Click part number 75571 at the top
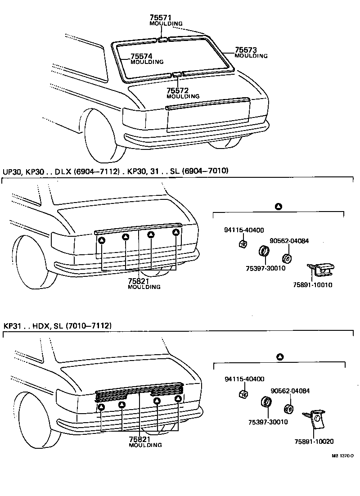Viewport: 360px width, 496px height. (x=161, y=18)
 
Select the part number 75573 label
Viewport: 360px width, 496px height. (x=245, y=50)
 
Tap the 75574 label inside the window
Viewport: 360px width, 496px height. (x=141, y=56)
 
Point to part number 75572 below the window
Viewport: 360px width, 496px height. (x=177, y=90)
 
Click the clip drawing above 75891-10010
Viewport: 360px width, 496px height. (x=320, y=270)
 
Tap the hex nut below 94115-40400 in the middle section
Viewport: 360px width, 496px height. (x=241, y=244)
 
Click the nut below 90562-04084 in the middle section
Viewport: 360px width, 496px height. (x=285, y=259)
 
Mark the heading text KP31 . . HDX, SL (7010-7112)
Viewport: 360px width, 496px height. (x=58, y=325)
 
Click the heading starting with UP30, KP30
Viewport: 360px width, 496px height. (x=116, y=171)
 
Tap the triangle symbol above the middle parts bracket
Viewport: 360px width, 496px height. (x=278, y=207)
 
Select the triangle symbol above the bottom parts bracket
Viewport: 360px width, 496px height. (x=279, y=357)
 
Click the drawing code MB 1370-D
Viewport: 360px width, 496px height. (x=343, y=455)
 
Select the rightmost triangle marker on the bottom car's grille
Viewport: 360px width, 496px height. (x=179, y=399)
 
